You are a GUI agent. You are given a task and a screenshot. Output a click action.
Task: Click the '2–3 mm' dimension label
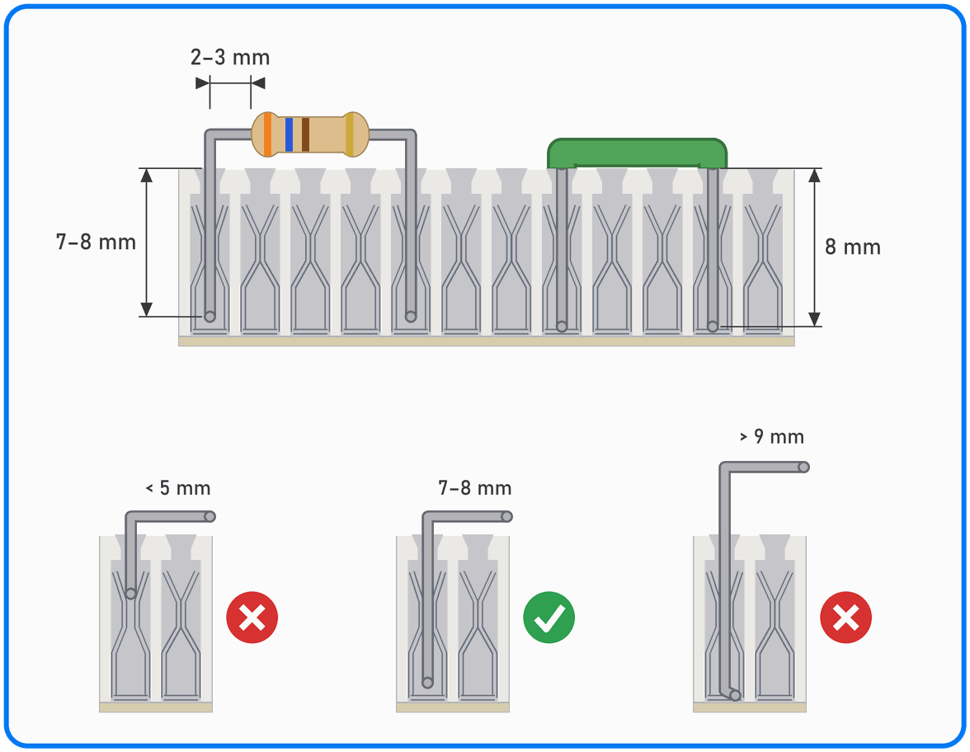click(230, 58)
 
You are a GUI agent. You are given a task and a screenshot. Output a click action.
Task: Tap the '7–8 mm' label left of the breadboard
click(96, 242)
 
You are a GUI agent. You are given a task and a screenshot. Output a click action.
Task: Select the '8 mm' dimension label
click(853, 247)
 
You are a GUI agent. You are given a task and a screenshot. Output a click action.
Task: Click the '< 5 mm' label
click(178, 488)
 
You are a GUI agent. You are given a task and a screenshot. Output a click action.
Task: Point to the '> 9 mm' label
click(772, 437)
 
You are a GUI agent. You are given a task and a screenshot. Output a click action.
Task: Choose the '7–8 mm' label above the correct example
click(475, 488)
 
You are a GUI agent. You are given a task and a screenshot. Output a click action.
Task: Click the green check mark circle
click(549, 617)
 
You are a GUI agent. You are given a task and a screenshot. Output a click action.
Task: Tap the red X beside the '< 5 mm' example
click(252, 617)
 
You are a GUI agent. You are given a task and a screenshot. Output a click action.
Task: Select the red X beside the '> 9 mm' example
click(845, 617)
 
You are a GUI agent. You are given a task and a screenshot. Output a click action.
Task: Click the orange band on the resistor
click(268, 134)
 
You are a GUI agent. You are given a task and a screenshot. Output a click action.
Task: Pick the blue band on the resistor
click(289, 134)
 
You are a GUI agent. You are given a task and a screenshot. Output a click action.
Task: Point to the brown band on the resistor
click(305, 134)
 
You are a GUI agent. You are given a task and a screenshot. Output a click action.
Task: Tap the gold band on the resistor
click(350, 134)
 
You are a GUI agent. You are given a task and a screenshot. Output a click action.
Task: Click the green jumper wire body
click(637, 153)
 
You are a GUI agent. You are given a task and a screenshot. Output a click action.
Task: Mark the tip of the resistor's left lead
click(210, 317)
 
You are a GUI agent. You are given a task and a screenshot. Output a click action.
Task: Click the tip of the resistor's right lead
click(411, 317)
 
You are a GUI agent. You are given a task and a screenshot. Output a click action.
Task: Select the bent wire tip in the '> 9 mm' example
click(735, 696)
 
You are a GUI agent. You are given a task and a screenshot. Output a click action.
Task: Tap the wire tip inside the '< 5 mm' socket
click(130, 594)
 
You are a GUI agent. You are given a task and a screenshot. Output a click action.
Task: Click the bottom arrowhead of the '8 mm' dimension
click(814, 319)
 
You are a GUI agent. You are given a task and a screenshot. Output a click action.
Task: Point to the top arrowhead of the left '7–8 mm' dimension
click(147, 176)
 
